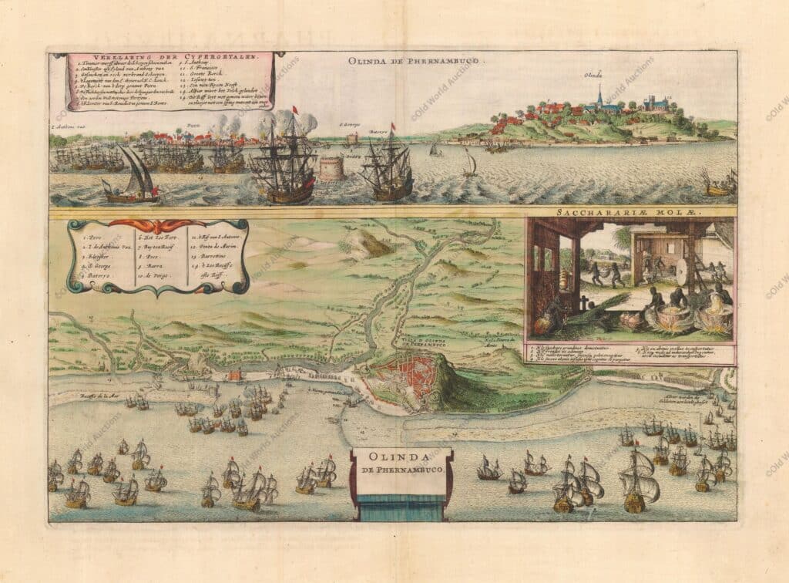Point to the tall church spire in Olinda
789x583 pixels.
(x=599, y=96)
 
